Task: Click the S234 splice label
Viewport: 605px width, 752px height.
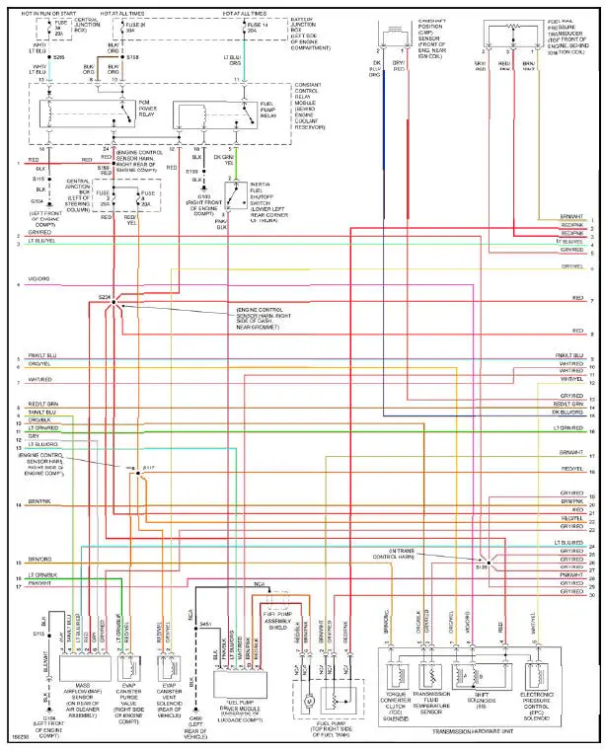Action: [104, 297]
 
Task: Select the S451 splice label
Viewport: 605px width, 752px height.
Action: [205, 623]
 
